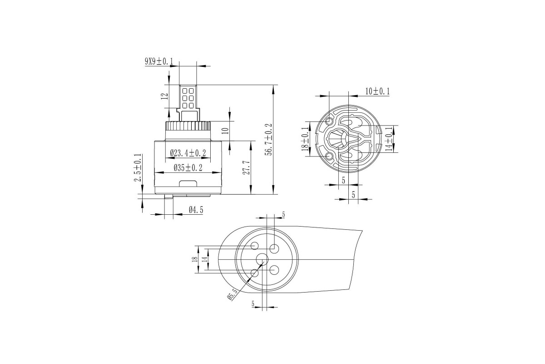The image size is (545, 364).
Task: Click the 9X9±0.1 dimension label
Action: (x=159, y=61)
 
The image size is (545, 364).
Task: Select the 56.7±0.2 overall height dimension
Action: (x=268, y=139)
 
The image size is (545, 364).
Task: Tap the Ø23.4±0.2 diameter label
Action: (x=188, y=153)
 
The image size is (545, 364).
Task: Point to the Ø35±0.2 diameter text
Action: (x=188, y=168)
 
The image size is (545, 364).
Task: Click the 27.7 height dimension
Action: (x=246, y=167)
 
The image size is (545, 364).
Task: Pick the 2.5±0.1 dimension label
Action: (x=138, y=168)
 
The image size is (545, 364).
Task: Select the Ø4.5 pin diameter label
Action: (x=196, y=210)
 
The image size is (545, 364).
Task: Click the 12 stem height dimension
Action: (x=165, y=96)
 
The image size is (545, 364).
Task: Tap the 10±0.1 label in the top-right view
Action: (x=377, y=91)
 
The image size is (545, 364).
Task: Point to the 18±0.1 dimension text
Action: (x=306, y=139)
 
